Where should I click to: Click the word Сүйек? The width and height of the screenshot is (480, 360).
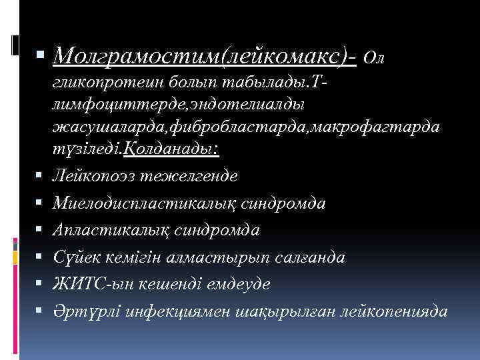pyautogui.click(x=75, y=257)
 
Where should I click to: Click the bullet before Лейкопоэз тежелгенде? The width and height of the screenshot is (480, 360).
pyautogui.click(x=41, y=177)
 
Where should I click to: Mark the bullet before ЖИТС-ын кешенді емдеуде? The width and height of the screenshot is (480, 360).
pyautogui.click(x=41, y=284)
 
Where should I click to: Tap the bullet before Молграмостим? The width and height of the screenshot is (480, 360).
pyautogui.click(x=41, y=57)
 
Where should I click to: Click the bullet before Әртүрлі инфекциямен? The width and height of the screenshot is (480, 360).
pyautogui.click(x=41, y=311)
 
